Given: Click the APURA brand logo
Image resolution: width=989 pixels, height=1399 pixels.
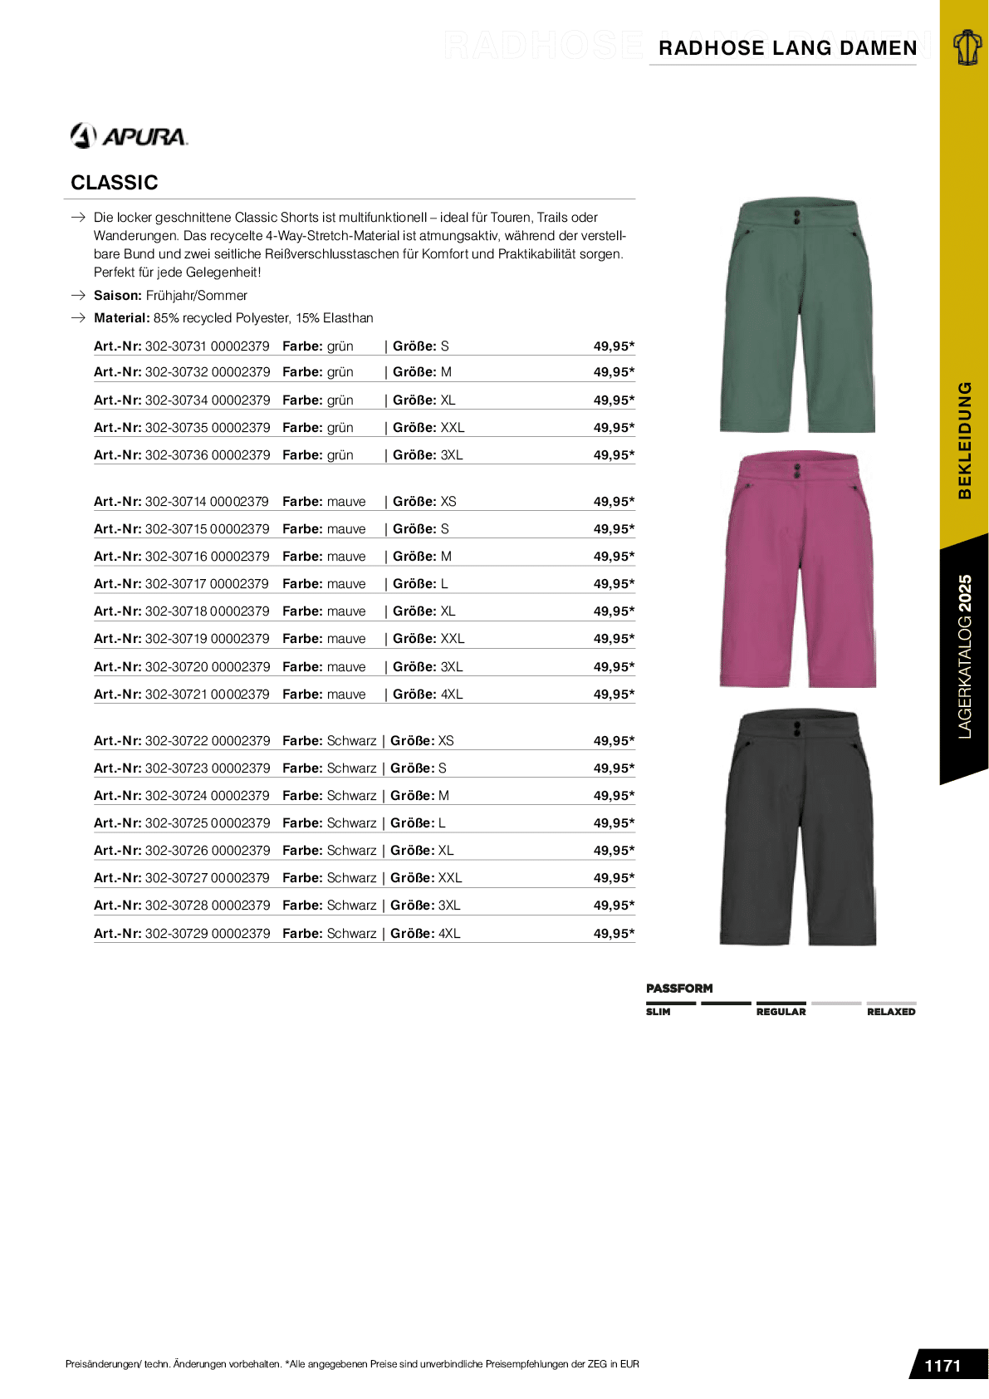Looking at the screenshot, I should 130,135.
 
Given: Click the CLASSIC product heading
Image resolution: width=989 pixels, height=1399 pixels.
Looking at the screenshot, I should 115,183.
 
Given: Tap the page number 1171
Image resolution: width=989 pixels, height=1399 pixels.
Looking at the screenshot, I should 942,1366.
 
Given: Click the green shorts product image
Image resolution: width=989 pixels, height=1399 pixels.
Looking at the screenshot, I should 797,316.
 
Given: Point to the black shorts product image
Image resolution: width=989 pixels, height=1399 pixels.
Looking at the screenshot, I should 797,827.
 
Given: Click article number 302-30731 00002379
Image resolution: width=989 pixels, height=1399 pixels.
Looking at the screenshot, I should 207,346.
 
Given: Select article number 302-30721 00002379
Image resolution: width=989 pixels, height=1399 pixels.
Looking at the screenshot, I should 207,695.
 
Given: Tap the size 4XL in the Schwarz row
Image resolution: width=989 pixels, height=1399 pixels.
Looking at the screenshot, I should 449,934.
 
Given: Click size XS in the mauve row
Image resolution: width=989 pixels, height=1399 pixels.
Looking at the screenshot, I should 448,502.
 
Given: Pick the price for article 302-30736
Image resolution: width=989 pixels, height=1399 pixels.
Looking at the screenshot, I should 614,455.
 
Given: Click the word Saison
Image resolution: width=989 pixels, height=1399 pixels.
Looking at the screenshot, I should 117,296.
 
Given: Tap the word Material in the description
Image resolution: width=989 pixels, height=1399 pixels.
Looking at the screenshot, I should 121,318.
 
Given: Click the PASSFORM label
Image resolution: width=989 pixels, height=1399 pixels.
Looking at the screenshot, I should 679,989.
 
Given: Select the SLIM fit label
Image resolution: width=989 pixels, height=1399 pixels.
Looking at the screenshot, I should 659,1012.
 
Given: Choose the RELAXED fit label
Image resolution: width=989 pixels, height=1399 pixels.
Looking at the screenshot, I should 891,1012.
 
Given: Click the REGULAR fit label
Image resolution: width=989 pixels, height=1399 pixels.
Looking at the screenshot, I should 781,1012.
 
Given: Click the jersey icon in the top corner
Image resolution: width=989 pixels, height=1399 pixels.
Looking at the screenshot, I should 967,47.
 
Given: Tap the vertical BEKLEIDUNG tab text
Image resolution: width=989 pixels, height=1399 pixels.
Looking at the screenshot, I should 964,439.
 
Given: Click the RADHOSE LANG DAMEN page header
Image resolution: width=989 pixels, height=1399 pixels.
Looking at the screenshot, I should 787,48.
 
